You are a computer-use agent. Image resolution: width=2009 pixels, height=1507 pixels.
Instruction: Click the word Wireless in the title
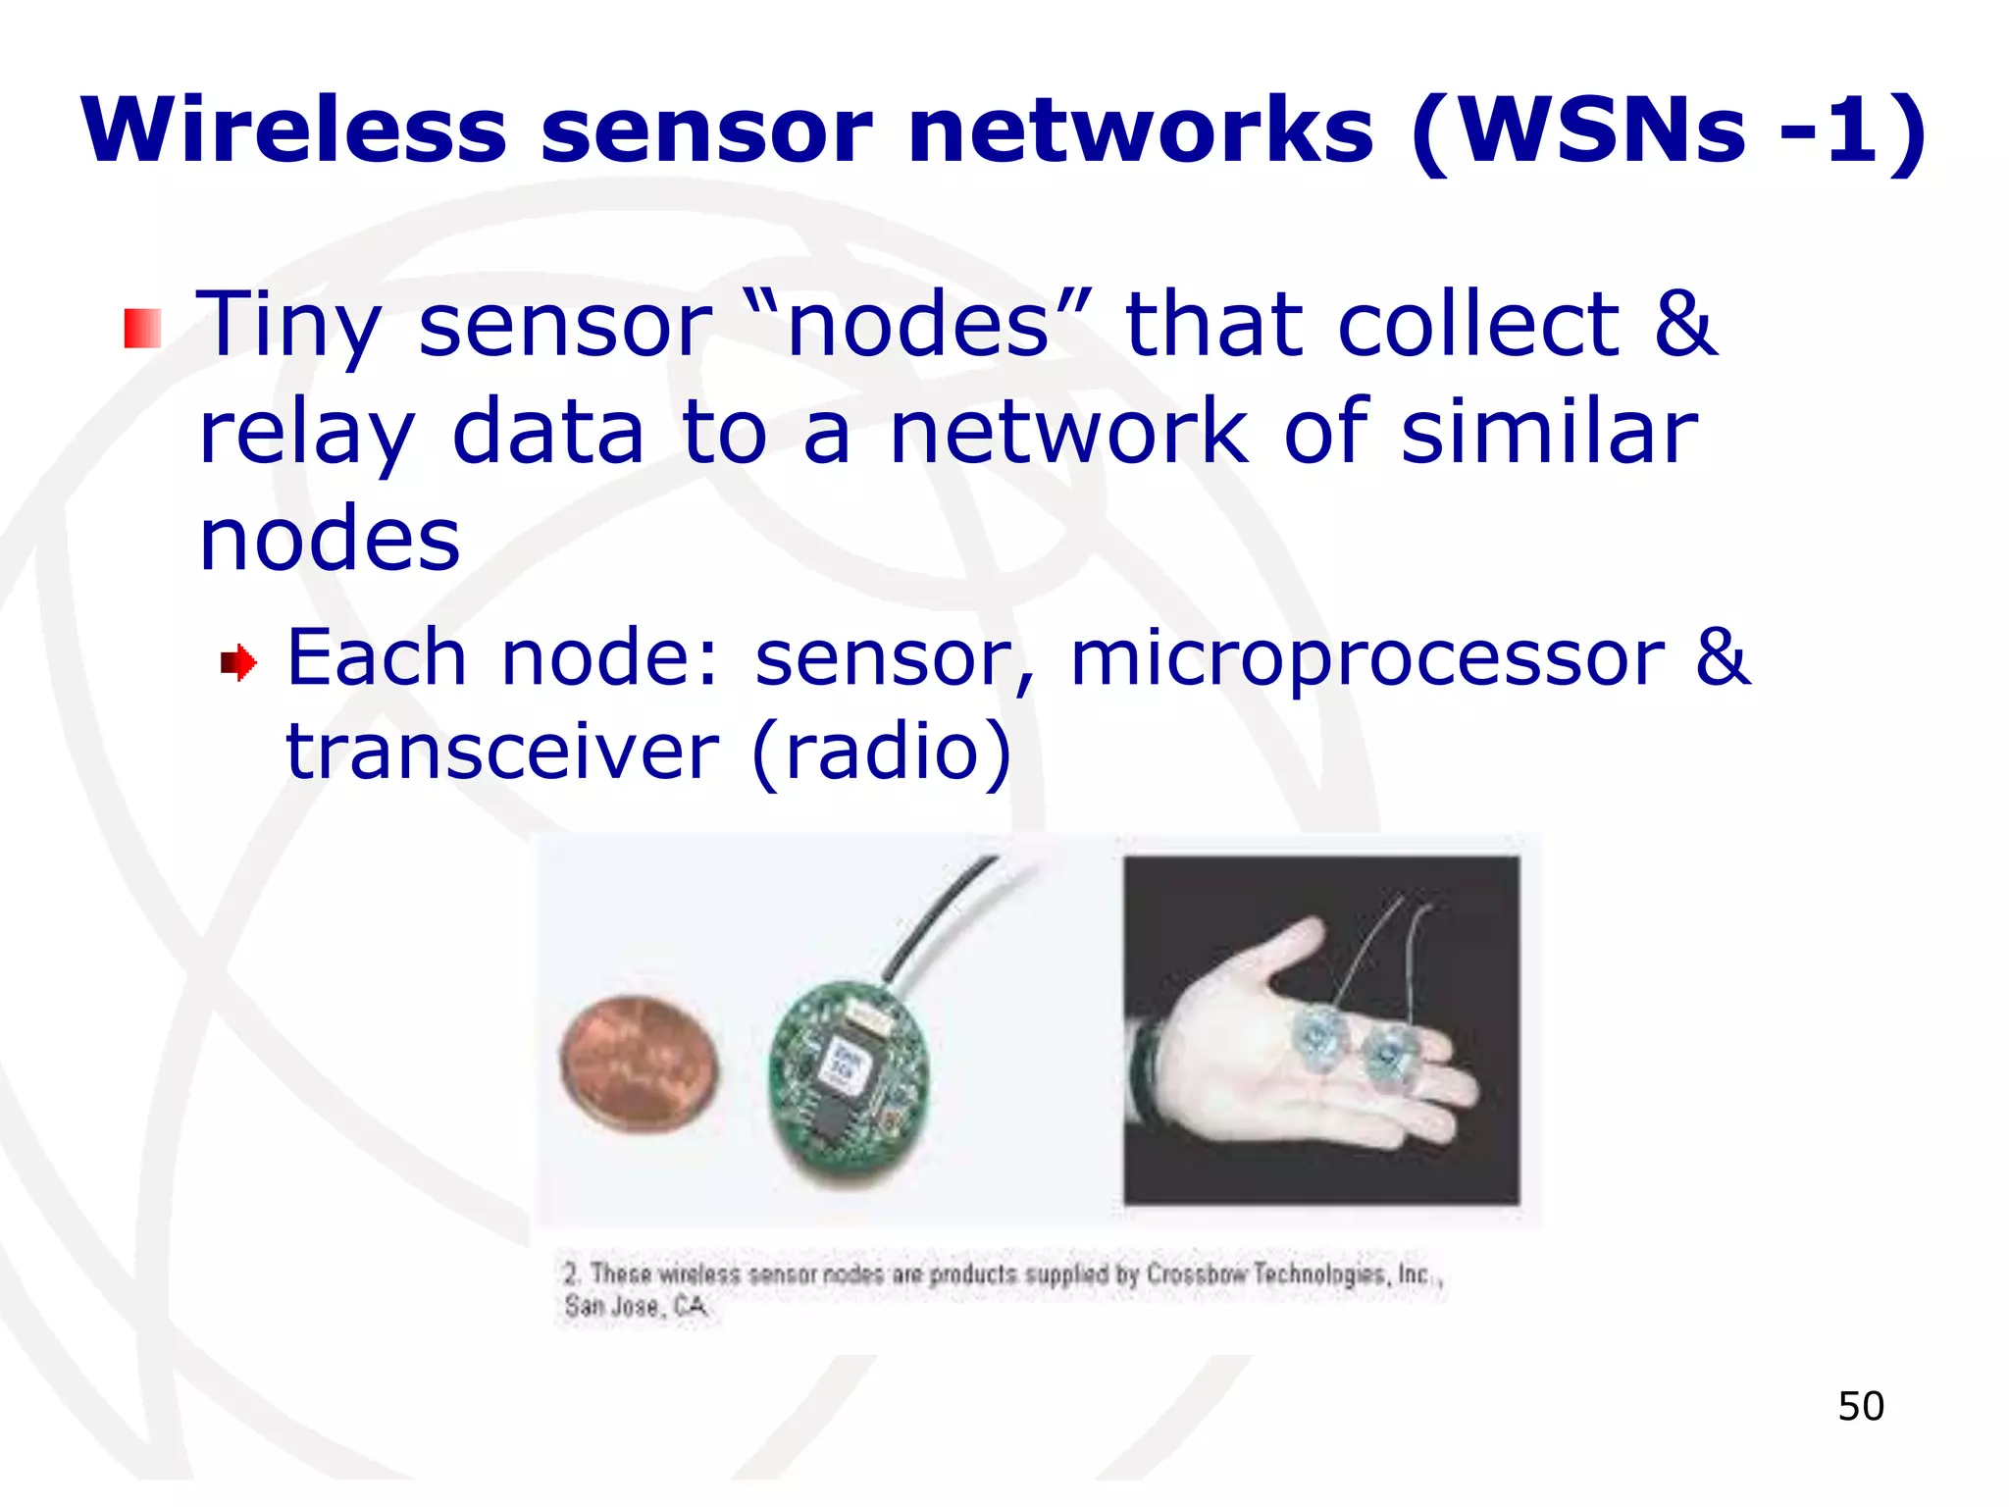294,130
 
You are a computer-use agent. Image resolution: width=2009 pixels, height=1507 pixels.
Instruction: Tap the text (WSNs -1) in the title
1668,130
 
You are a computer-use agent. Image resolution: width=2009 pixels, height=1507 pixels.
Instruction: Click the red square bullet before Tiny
142,328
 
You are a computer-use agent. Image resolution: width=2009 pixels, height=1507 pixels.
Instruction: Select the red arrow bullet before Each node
238,663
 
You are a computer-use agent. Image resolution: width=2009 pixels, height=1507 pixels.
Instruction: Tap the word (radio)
881,752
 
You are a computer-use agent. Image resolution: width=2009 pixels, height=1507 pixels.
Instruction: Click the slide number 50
1860,1406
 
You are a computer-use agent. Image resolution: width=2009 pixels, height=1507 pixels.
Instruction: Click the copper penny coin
640,1065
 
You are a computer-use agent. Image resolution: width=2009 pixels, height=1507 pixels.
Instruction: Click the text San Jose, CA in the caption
635,1307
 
